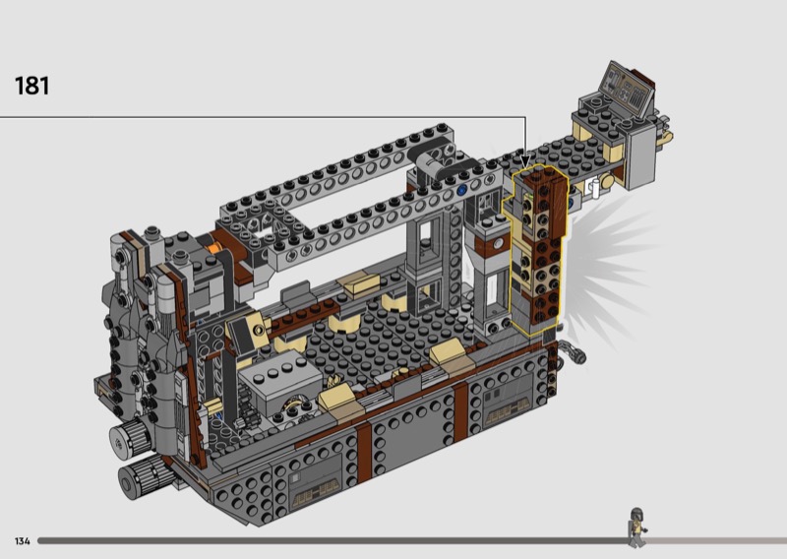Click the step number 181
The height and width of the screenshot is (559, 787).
coord(32,86)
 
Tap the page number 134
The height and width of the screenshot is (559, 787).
coord(22,541)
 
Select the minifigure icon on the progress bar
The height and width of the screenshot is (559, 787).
coord(636,527)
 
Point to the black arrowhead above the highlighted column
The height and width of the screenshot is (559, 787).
coord(525,160)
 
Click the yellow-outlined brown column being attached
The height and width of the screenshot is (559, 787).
coord(537,250)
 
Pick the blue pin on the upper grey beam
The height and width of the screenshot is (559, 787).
coord(462,190)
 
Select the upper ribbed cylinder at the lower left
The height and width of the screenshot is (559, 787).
coord(132,435)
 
